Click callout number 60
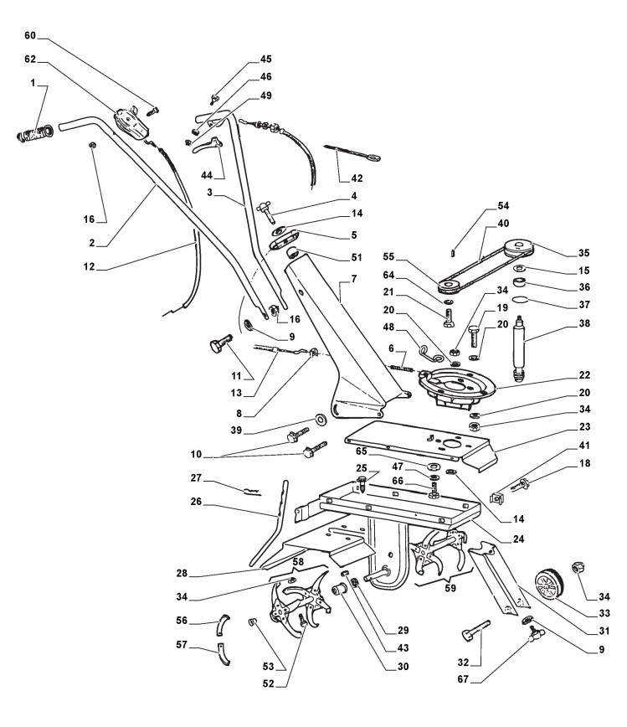coord(31,37)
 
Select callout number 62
coord(31,59)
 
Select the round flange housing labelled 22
coord(458,386)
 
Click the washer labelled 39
coord(321,418)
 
